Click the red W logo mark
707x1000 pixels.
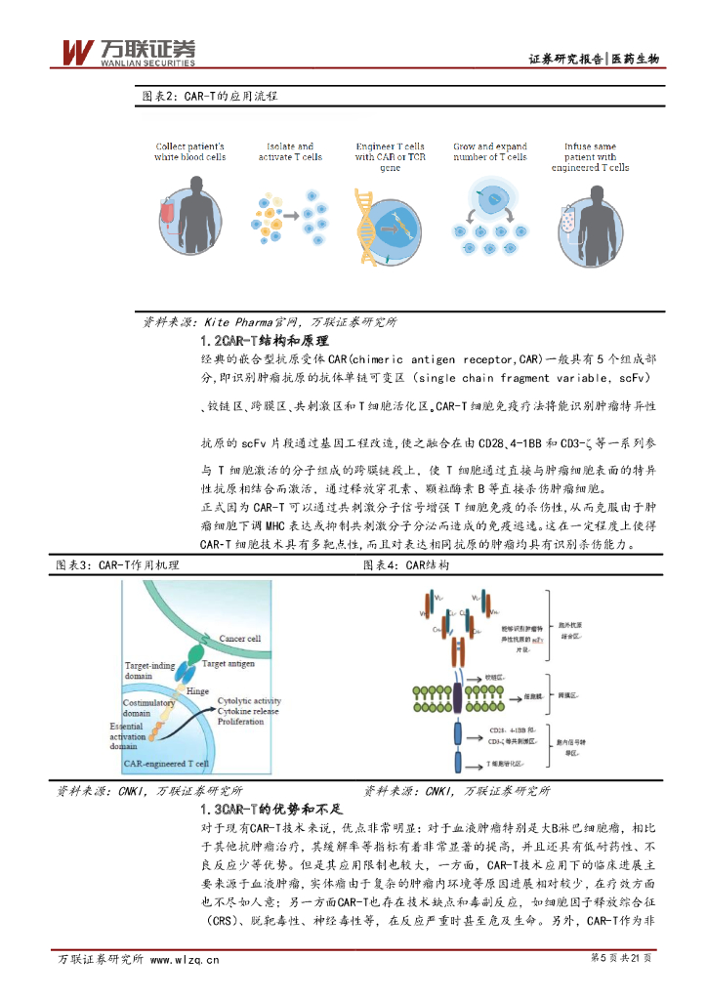coord(77,52)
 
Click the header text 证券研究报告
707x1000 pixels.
coord(565,59)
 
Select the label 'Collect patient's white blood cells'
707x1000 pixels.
coord(189,151)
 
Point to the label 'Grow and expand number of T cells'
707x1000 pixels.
coord(489,151)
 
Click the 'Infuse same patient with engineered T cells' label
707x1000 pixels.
coord(590,157)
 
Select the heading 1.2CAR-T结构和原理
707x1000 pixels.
coord(264,341)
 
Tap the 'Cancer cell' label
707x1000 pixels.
coord(239,639)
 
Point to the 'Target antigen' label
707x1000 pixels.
coord(229,664)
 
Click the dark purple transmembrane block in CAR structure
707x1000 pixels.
coord(458,695)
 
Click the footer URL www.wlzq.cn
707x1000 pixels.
coord(185,959)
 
